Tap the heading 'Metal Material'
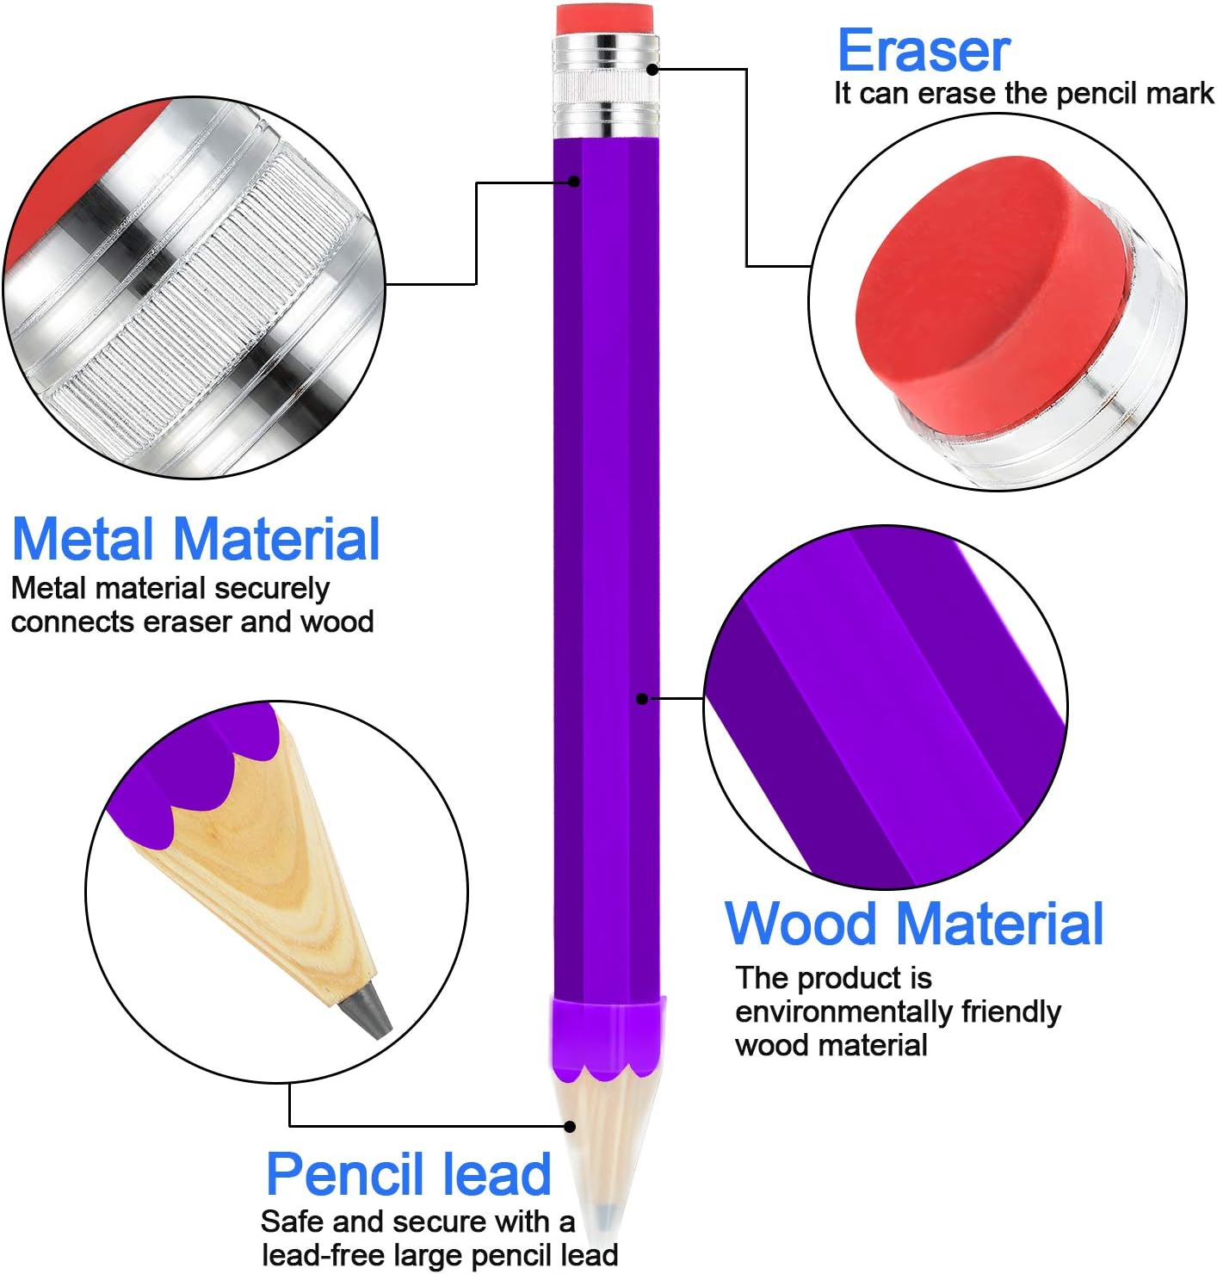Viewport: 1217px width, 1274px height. coord(195,539)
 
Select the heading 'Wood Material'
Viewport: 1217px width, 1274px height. coord(913,923)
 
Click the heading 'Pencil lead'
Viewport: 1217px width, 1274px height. coord(408,1174)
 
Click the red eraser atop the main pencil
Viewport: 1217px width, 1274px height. coord(606,19)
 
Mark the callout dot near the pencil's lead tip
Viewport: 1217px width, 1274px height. coord(570,1126)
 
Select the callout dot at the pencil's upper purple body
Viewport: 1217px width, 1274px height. coord(574,181)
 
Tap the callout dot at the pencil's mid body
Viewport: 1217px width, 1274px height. coord(641,698)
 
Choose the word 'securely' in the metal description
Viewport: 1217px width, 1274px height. coord(272,588)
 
